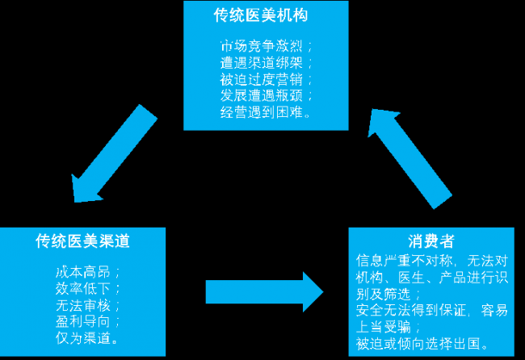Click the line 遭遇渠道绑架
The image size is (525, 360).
[x=264, y=62]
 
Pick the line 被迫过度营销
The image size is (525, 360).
[x=264, y=79]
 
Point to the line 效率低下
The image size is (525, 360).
[x=86, y=288]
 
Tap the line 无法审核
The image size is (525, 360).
[x=86, y=305]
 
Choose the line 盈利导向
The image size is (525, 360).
[x=86, y=321]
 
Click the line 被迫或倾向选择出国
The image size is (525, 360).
[x=422, y=345]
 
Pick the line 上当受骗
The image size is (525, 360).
[x=388, y=327]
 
